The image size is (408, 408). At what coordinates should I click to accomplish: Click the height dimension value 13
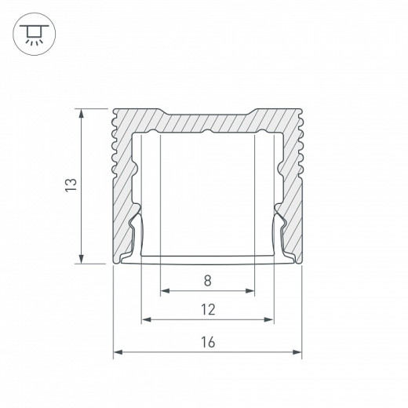point(71,186)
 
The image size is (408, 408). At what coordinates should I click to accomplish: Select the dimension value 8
point(207,279)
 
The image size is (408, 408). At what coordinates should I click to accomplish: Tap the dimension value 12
point(207,309)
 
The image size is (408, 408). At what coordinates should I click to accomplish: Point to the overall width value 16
point(207,342)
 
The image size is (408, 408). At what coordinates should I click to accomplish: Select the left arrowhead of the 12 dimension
point(145,320)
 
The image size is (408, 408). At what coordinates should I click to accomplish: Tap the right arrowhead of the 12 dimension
point(271,320)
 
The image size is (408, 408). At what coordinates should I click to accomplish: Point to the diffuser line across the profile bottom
point(207,256)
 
